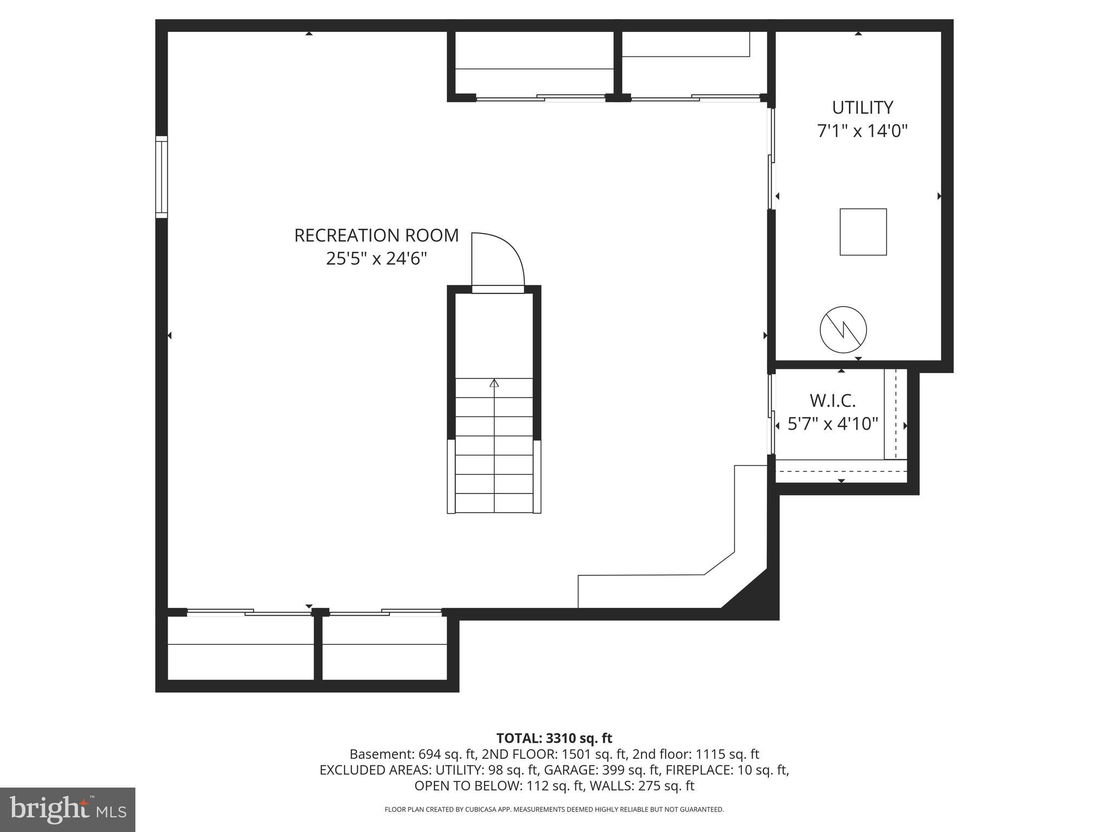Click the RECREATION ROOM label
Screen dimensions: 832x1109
click(376, 236)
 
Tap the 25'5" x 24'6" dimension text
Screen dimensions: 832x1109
click(376, 259)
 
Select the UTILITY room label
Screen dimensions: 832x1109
click(862, 108)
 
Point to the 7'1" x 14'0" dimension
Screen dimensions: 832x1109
click(862, 131)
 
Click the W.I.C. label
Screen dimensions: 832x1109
click(832, 401)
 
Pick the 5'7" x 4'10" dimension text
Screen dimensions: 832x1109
click(832, 424)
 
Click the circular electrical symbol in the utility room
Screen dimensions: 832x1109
click(843, 329)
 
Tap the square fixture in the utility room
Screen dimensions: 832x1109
click(863, 232)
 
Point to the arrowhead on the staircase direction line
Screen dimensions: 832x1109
click(494, 383)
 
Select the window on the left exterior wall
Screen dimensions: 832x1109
click(161, 177)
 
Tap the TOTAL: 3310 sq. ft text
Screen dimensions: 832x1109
click(554, 738)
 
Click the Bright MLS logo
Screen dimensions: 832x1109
click(68, 810)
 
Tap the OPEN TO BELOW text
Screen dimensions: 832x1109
click(466, 785)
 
